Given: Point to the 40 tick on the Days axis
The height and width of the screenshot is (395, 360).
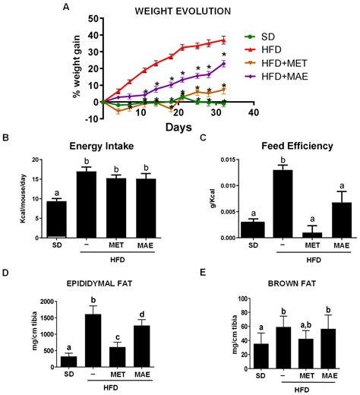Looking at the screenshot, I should click(254, 112).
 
